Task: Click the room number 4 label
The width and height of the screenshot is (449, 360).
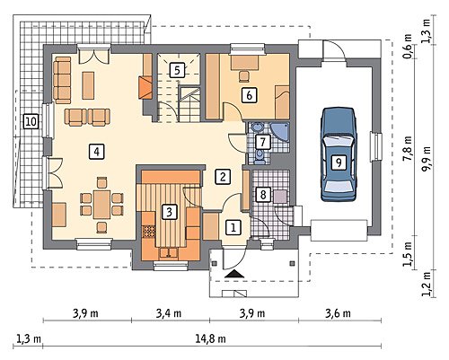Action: (x=96, y=152)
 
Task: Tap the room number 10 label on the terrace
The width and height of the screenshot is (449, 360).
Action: (x=31, y=122)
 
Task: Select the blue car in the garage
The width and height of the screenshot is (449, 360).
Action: (x=339, y=154)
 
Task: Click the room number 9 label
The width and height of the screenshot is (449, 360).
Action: (x=339, y=162)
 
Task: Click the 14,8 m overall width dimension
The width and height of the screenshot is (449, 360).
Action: (x=211, y=339)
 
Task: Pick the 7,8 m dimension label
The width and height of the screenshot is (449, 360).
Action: (x=407, y=149)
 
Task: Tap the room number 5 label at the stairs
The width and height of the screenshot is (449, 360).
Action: (x=177, y=71)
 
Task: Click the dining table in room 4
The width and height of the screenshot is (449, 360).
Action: (x=101, y=205)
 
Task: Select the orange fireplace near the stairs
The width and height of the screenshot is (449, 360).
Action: (x=145, y=87)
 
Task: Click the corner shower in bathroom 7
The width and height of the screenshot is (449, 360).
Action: (x=280, y=132)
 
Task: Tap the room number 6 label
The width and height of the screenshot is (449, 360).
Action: (x=249, y=95)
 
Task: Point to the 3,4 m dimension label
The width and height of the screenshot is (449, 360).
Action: (x=169, y=313)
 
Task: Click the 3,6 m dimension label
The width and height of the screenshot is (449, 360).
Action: (x=338, y=313)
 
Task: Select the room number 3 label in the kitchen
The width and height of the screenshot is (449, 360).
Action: (x=170, y=212)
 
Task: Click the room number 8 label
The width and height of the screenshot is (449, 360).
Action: (x=263, y=195)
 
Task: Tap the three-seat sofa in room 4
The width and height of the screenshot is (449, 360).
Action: (x=62, y=80)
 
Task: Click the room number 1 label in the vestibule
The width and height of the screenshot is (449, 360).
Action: (x=233, y=228)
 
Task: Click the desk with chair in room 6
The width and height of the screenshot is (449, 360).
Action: (x=245, y=67)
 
